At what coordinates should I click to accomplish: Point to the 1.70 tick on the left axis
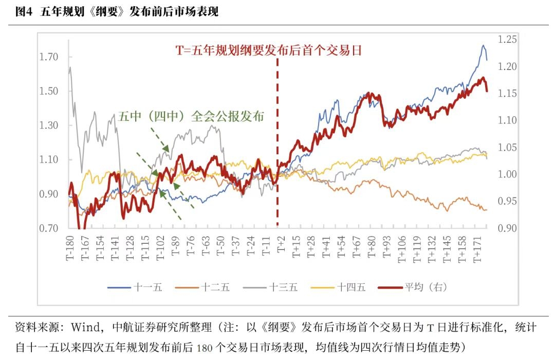49,57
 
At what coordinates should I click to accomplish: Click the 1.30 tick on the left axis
49,125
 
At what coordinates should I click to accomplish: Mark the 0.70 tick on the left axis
49,228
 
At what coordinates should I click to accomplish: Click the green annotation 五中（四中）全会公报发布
191,116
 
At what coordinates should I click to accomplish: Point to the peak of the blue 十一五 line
483,46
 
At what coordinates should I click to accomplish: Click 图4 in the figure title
24,12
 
